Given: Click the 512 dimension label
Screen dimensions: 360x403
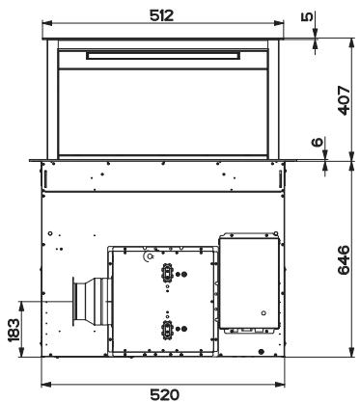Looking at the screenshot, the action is click(x=161, y=15).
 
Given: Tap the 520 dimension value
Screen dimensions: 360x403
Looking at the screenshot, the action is click(x=164, y=395).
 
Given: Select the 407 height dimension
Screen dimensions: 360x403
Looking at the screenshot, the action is click(x=344, y=100).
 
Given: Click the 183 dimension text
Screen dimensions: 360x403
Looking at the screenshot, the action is click(x=14, y=330).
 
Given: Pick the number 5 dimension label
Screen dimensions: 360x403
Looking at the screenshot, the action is click(x=307, y=16).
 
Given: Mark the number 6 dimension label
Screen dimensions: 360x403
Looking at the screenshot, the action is click(x=318, y=142).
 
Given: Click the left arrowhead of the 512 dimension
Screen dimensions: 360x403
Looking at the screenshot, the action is click(x=47, y=23).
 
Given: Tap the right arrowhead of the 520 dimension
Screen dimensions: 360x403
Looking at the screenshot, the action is click(x=280, y=384).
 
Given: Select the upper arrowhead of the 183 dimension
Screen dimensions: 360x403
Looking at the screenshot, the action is click(x=21, y=306).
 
